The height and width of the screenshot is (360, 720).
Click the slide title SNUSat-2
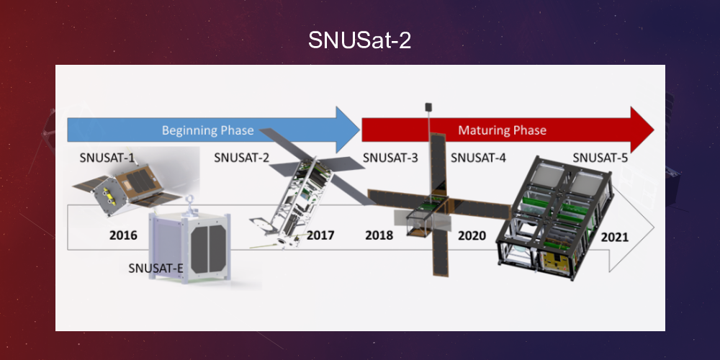point(359,40)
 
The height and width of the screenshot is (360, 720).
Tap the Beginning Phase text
point(207,130)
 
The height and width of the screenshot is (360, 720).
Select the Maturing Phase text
point(502,130)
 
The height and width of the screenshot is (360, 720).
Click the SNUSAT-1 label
point(107,158)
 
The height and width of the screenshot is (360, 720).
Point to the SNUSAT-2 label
point(241,158)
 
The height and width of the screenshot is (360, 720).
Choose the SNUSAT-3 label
point(390,158)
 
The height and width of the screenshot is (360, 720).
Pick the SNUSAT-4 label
point(478,158)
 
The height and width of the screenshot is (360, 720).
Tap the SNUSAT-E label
point(156,269)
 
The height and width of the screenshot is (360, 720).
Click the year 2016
point(123,235)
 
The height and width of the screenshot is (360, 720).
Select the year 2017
point(320,235)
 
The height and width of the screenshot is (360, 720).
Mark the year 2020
point(472,235)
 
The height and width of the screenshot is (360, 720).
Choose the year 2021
point(614,236)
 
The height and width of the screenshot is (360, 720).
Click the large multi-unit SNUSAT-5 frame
point(554,216)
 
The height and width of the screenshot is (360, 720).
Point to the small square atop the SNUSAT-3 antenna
point(428,107)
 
